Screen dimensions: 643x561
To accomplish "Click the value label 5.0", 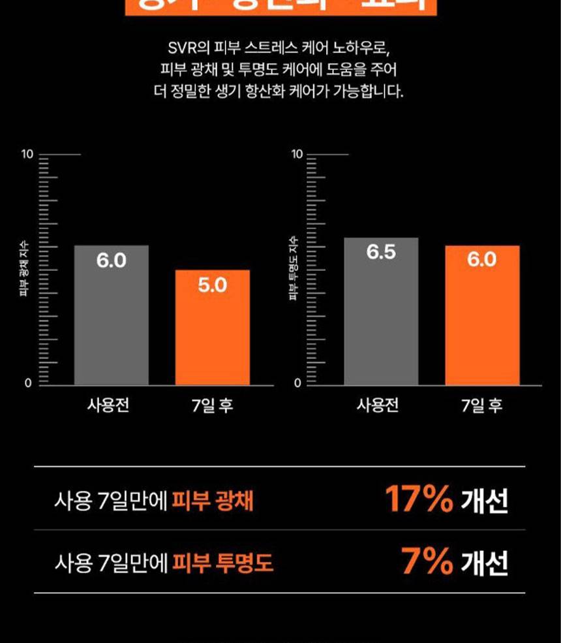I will [x=213, y=285].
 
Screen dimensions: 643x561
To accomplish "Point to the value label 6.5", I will [x=381, y=253].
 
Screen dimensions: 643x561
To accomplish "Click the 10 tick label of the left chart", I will [x=27, y=155].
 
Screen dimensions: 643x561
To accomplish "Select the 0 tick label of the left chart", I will [x=28, y=383].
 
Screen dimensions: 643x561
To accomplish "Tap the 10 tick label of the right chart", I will [x=297, y=155].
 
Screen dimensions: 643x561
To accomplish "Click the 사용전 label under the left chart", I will [x=108, y=405].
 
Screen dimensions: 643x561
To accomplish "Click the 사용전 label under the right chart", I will [x=378, y=405].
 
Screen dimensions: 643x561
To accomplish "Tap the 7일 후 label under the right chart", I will [x=482, y=405].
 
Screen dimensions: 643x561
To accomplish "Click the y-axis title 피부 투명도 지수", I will [x=294, y=268].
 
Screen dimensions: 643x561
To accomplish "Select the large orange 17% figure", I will [x=418, y=499].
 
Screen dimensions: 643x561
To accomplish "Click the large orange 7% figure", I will [x=427, y=561].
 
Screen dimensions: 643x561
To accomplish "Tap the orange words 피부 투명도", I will [x=222, y=563].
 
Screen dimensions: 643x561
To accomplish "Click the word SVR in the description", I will [x=180, y=49].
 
